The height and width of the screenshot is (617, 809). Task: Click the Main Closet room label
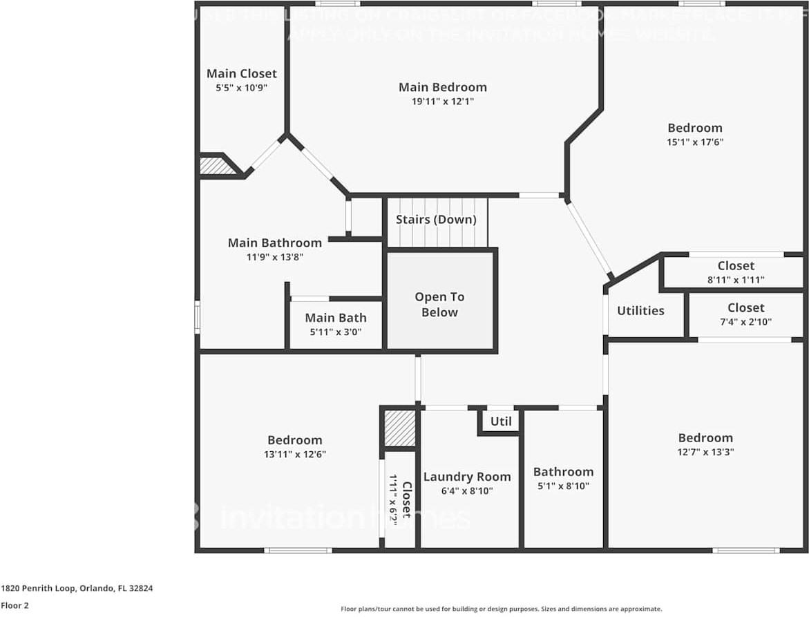tap(241, 73)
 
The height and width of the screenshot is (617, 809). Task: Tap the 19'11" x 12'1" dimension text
tap(442, 101)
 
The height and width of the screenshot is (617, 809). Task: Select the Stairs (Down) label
tap(436, 220)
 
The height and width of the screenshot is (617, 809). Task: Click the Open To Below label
tap(439, 305)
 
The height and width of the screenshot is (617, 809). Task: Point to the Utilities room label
tap(640, 311)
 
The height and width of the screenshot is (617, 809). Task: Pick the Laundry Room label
tap(467, 477)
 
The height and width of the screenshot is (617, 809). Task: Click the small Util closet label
tap(501, 421)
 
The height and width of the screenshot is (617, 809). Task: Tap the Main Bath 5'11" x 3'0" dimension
tap(335, 332)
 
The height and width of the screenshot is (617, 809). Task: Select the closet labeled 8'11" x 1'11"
tap(736, 280)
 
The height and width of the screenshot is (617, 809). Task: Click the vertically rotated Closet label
tap(406, 500)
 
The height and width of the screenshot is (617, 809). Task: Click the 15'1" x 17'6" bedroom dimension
tap(695, 142)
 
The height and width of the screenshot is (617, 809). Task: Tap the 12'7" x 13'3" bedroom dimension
tap(705, 452)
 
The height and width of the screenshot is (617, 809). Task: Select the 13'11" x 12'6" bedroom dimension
tap(295, 454)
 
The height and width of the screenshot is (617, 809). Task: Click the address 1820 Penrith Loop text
tap(77, 589)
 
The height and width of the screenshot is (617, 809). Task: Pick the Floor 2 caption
tap(15, 606)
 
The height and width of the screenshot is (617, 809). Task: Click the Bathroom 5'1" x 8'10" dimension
tap(563, 486)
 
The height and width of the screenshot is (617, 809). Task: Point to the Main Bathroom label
tap(275, 243)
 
